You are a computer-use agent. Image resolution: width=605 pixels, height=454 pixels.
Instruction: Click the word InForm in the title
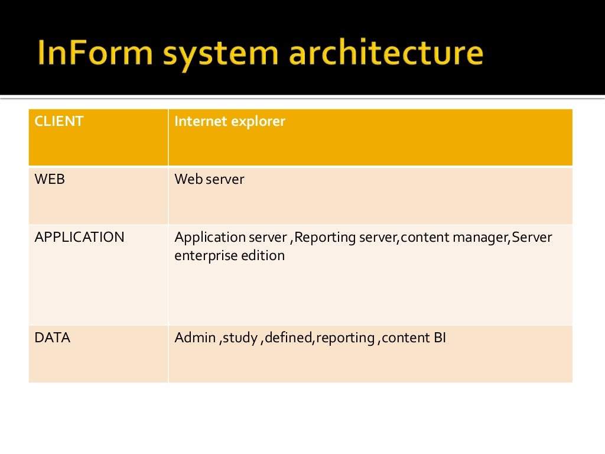tap(94, 53)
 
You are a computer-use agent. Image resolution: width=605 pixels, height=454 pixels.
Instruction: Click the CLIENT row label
tap(59, 122)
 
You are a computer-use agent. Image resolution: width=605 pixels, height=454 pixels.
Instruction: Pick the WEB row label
tap(50, 179)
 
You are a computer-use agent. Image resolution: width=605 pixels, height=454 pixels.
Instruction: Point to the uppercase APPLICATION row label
tap(80, 238)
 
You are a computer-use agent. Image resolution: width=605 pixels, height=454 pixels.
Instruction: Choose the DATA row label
tap(53, 338)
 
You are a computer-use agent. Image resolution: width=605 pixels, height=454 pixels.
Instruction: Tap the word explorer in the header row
tap(258, 122)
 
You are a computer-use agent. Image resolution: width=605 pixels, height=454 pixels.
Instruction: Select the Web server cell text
tap(209, 179)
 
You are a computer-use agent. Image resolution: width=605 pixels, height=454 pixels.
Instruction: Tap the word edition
tap(263, 255)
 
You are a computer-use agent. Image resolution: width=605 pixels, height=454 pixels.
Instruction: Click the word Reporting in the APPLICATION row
tap(323, 238)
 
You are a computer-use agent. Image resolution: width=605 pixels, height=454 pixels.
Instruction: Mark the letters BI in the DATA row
tap(440, 338)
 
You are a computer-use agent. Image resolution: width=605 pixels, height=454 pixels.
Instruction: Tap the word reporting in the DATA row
tap(346, 339)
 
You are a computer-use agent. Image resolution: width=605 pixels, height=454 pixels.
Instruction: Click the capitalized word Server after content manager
tap(532, 238)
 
